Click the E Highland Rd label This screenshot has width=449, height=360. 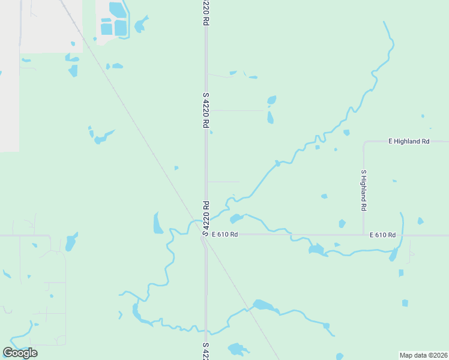click(409, 142)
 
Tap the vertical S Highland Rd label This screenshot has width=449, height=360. click(363, 190)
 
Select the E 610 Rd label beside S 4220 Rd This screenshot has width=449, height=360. click(224, 235)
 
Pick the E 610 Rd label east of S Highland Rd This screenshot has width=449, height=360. click(382, 235)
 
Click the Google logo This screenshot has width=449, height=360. click(20, 353)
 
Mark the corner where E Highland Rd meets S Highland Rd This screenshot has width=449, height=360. click(364, 142)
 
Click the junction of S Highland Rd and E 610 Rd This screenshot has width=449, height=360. click(363, 235)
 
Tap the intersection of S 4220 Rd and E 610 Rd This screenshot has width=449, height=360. click(205, 235)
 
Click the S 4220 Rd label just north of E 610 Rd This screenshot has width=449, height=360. click(205, 218)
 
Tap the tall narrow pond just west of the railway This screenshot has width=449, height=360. click(158, 223)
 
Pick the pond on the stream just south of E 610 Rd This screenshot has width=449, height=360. click(316, 249)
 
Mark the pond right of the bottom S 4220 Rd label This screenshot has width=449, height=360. click(238, 349)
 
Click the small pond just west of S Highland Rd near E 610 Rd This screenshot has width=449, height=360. click(342, 224)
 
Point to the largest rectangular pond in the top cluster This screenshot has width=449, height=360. click(120, 28)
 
